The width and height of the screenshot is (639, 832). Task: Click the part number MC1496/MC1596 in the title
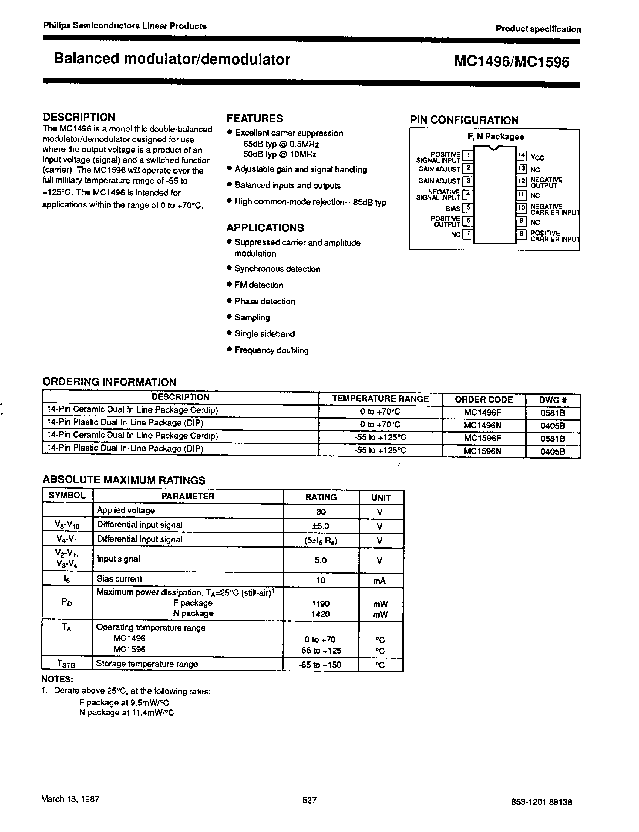point(512,62)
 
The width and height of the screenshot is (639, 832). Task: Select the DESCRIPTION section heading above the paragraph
point(79,117)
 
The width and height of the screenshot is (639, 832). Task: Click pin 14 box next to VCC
point(521,155)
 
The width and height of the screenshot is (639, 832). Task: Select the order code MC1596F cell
point(483,438)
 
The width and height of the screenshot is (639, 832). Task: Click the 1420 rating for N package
point(320,614)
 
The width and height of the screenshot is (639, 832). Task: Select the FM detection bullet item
point(259,285)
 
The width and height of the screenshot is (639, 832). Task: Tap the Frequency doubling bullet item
point(271,350)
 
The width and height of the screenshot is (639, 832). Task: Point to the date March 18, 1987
point(70,799)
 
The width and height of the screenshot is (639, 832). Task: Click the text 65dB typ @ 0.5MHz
point(281,144)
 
